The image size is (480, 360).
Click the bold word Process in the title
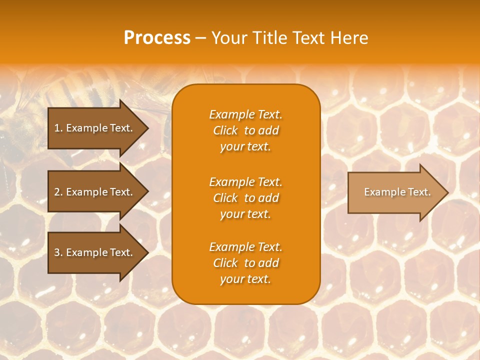coord(157,38)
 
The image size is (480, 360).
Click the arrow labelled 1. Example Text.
coord(95,128)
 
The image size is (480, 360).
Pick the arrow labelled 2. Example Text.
coord(95,192)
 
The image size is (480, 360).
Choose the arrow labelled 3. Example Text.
coord(95,252)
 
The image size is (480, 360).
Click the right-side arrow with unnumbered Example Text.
coord(395,192)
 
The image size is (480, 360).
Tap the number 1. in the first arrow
coord(58,128)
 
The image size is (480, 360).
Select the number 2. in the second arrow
coord(58,192)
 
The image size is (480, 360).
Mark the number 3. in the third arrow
coord(58,252)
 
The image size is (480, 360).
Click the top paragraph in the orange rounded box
coord(245,130)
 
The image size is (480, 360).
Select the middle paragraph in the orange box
coord(245,198)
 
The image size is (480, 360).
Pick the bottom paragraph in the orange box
coord(245,263)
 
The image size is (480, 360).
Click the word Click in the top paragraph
coord(225,130)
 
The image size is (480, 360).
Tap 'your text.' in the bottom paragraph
coord(245,279)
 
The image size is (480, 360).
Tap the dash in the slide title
coord(200,38)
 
